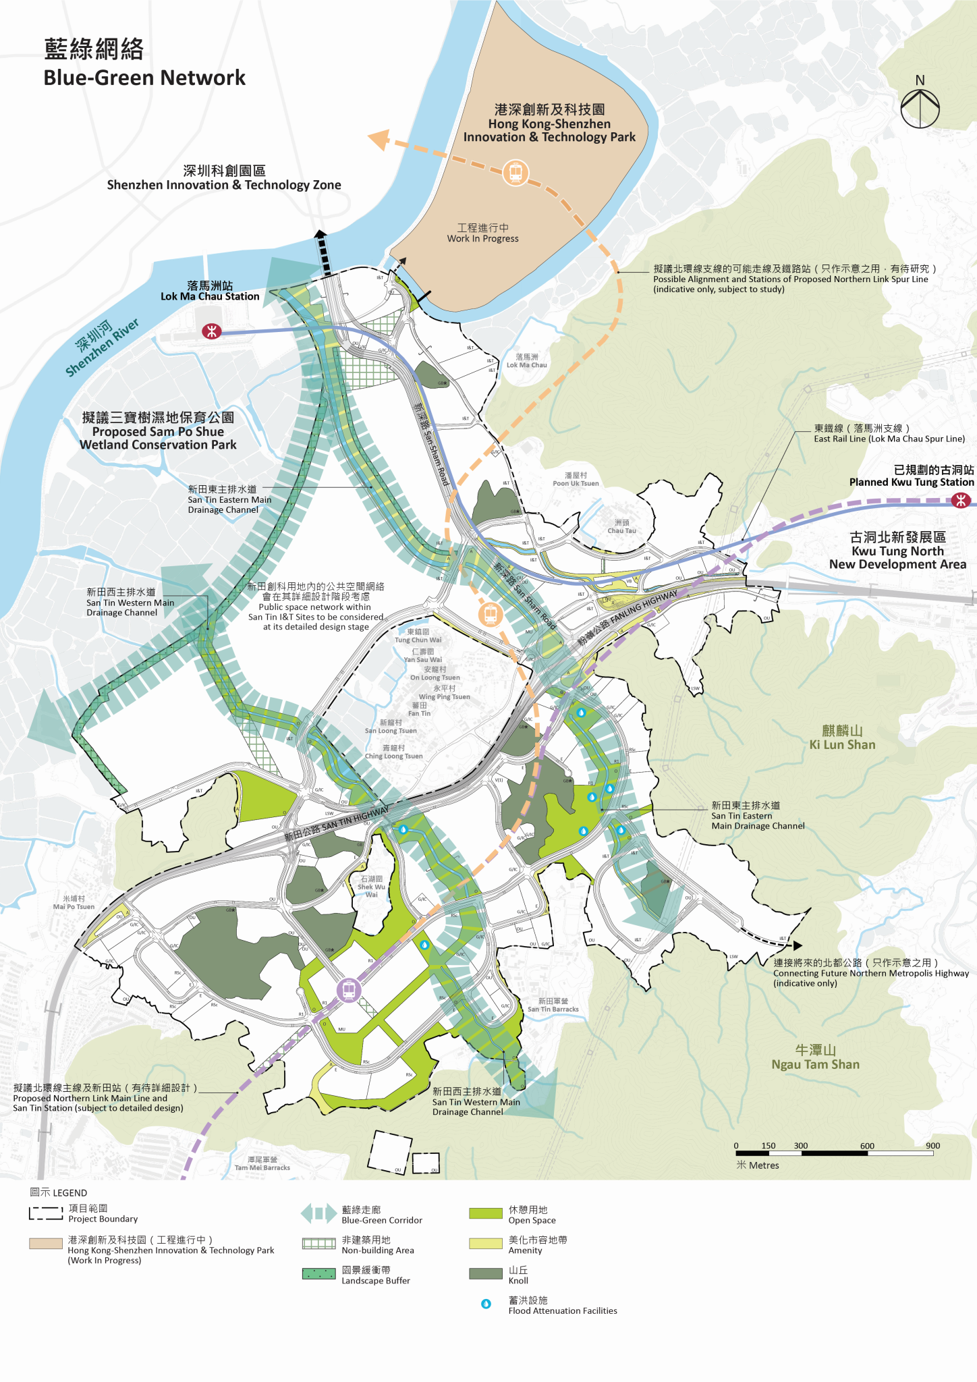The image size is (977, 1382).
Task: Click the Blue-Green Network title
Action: coord(144,63)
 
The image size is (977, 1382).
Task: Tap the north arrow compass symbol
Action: coord(920,108)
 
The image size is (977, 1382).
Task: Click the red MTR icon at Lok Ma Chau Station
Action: coord(212,331)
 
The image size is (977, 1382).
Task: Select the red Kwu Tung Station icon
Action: coord(961,500)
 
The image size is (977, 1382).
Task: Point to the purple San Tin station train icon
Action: coord(349,991)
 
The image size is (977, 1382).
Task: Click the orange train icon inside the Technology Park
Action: coord(515,173)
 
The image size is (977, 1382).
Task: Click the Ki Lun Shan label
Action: coord(842,738)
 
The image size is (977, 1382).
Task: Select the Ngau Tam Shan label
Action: coord(815,1057)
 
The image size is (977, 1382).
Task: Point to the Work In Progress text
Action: coord(482,233)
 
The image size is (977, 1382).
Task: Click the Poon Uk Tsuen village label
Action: coord(576,479)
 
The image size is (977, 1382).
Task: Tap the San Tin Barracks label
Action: coord(553,1005)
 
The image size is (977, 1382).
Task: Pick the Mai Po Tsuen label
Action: coord(74,903)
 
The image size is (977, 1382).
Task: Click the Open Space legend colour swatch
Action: coord(486,1213)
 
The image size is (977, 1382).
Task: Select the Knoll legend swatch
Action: coord(486,1273)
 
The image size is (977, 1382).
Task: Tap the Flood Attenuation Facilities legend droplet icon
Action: coord(486,1304)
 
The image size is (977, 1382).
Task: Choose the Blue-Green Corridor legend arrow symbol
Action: coord(318,1213)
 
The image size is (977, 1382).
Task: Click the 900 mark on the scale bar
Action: coord(932,1146)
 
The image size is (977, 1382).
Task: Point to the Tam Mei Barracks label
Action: coord(262,1163)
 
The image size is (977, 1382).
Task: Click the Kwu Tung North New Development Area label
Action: coord(897,551)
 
